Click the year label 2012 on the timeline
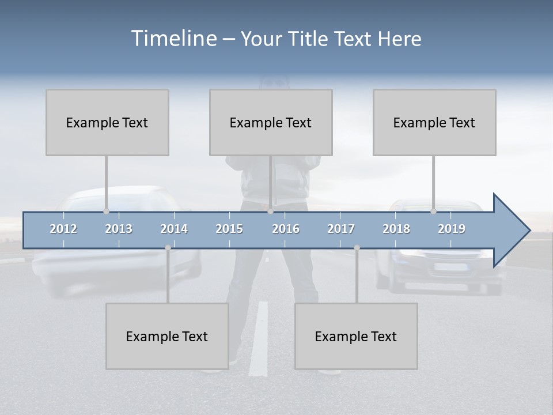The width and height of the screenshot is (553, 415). coord(63,229)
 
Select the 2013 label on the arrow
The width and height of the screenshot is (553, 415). coord(119,229)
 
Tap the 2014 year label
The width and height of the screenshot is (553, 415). coord(174,229)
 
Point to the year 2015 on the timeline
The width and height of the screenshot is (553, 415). coord(229,229)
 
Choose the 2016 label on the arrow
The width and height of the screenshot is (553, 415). coord(286,229)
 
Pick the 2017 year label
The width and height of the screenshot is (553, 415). coord(341,229)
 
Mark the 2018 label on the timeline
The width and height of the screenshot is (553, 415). coord(396,229)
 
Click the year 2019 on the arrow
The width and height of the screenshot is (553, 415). coord(452,229)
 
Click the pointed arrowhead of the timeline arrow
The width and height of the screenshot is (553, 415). coord(513,231)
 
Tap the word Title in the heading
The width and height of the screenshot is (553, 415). coord(309,39)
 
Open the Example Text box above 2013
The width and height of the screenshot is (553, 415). coord(107,122)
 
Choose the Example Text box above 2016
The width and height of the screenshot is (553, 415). coord(271,122)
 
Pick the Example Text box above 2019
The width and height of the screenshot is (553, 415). coord(434,122)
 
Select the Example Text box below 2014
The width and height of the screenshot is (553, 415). coord(167,336)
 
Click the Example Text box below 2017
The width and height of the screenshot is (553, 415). coord(356,336)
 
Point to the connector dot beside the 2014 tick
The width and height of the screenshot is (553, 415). coord(168,248)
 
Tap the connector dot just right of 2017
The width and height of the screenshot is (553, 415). coord(357,248)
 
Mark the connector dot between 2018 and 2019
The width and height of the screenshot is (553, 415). coord(434,212)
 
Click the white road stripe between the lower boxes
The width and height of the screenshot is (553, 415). coord(260,334)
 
